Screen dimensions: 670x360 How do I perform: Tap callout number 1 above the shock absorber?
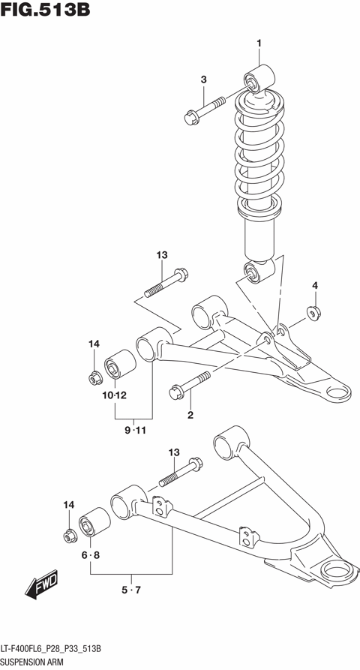[x=259, y=44]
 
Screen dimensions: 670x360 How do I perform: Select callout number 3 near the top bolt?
[x=202, y=80]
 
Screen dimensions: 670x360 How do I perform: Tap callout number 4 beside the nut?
[x=315, y=285]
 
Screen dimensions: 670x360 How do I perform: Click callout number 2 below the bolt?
[x=190, y=415]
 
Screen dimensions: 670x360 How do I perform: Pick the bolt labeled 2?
[x=190, y=383]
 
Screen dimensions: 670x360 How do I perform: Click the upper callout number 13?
[x=161, y=256]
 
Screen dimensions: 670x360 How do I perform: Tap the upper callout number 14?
[x=94, y=344]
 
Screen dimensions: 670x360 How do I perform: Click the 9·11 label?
[x=134, y=430]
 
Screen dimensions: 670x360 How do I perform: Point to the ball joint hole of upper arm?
[x=338, y=390]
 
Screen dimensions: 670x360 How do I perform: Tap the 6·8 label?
[x=91, y=555]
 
